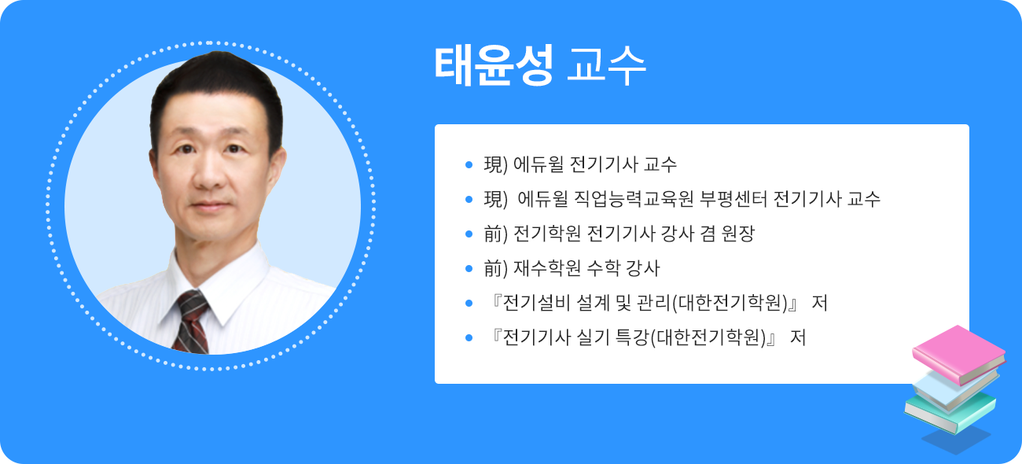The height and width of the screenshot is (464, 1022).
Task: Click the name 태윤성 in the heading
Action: (494, 64)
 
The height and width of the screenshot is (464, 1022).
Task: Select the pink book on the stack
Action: (958, 353)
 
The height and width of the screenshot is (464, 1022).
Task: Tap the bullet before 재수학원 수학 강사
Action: (469, 269)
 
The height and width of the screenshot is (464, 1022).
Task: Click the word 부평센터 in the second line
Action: (730, 199)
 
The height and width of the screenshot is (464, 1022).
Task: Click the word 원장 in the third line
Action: (739, 234)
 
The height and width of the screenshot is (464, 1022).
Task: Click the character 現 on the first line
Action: (492, 164)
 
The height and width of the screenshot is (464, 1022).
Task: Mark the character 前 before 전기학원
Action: (492, 234)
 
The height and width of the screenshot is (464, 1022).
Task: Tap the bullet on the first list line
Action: (469, 165)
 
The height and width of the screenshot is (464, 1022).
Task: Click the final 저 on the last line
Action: (798, 337)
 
